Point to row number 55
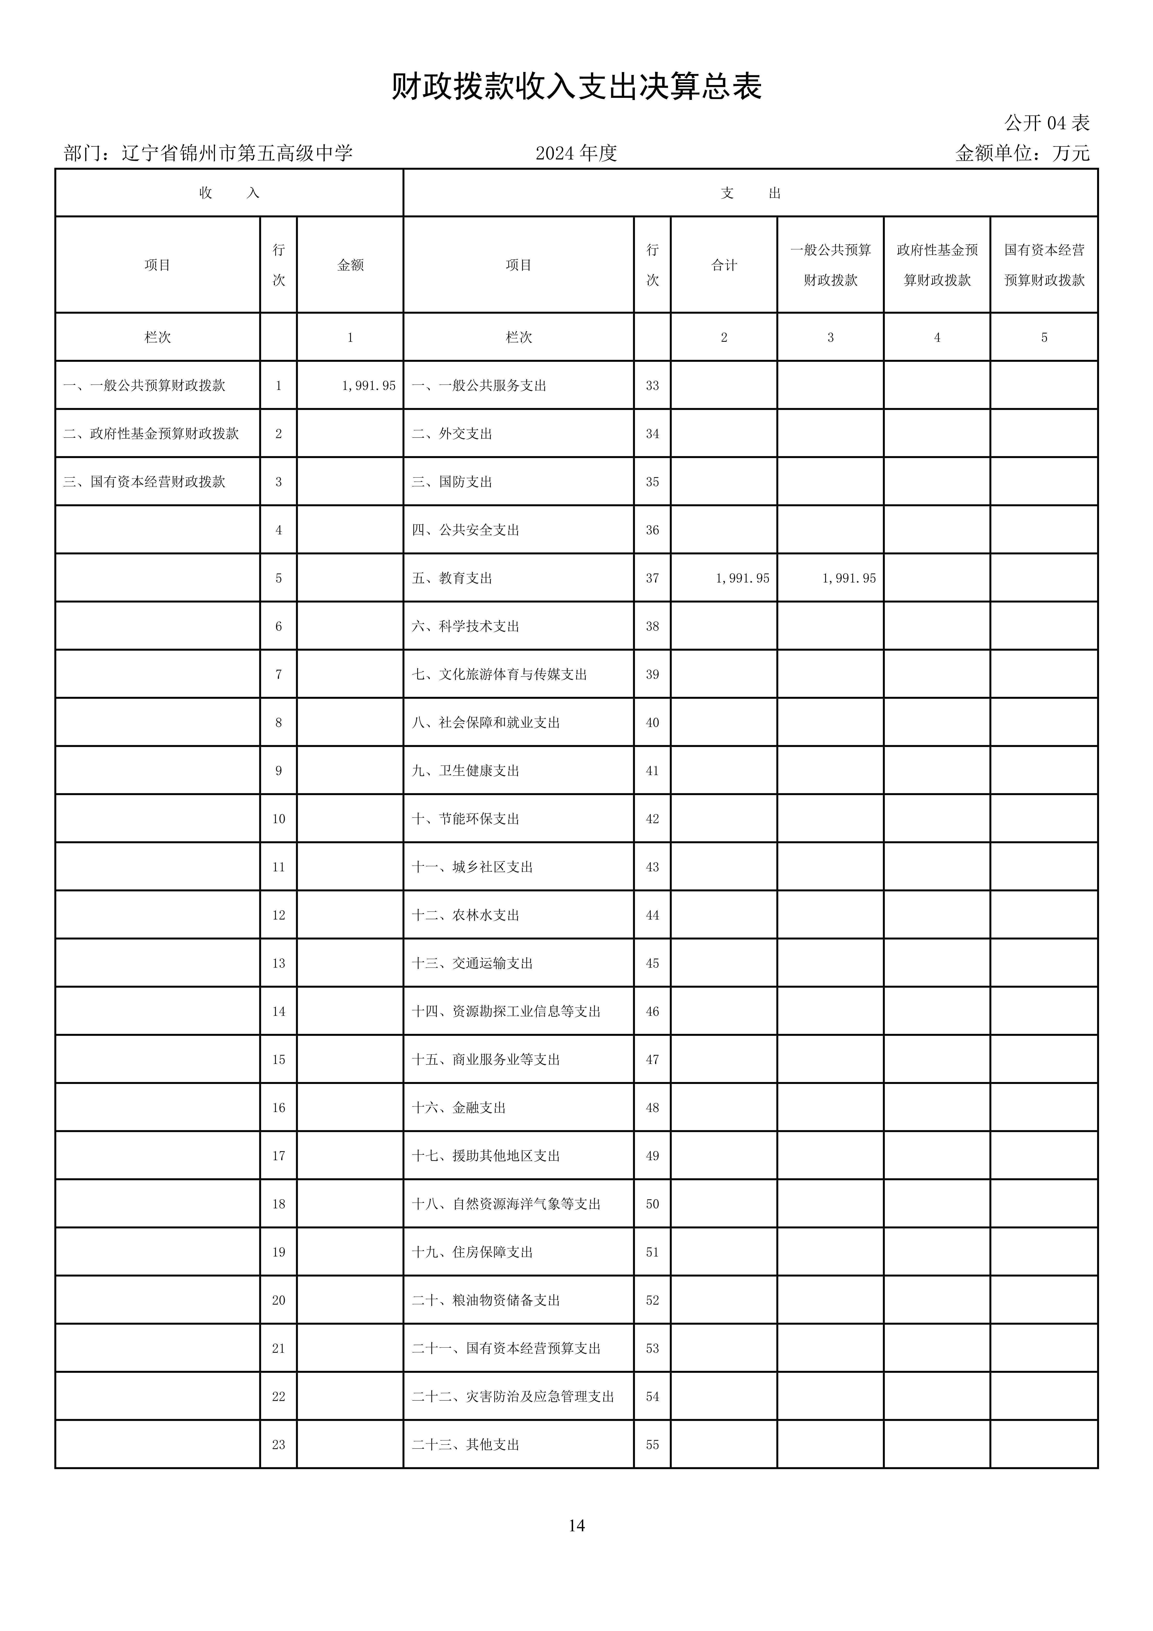[652, 1444]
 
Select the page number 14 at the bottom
[576, 1525]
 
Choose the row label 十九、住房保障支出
[472, 1252]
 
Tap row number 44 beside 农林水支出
[652, 915]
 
